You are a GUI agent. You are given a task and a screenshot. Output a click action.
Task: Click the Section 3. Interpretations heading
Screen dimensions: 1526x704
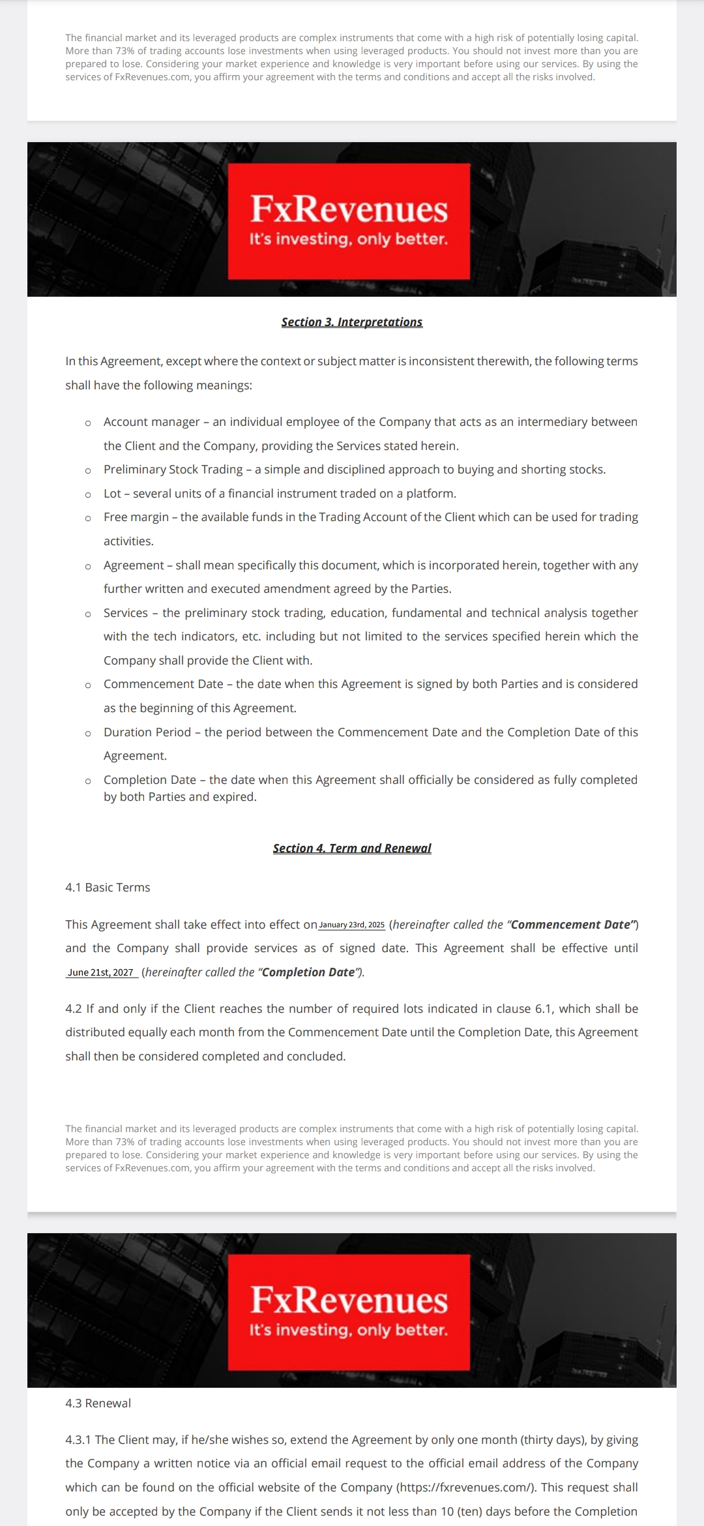[x=352, y=322]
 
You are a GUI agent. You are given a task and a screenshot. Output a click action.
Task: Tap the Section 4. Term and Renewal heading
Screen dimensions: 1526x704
[x=352, y=848]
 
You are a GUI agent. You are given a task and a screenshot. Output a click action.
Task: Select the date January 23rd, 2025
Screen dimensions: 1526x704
[x=352, y=925]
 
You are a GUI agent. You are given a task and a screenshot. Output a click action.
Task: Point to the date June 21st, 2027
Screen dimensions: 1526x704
[x=100, y=973]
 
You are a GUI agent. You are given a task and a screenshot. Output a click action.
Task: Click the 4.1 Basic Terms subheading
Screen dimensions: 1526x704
[x=108, y=888]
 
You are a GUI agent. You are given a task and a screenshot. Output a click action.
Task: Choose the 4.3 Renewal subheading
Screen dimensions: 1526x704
[x=98, y=1403]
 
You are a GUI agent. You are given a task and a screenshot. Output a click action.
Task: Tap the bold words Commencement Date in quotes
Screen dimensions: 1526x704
[x=571, y=925]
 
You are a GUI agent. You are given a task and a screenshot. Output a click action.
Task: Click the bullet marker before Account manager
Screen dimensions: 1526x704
[x=88, y=423]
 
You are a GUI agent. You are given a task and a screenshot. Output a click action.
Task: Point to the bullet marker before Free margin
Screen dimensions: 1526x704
[x=88, y=518]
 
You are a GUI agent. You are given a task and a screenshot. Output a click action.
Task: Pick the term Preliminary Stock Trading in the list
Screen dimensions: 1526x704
[x=173, y=470]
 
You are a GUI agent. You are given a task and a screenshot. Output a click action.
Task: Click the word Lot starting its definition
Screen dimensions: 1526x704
[x=112, y=494]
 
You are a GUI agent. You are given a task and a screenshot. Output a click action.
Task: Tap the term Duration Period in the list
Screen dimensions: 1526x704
[x=147, y=732]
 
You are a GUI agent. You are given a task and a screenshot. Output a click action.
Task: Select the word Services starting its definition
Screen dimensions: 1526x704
[x=126, y=613]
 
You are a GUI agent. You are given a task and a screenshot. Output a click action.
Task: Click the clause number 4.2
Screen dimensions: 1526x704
[x=74, y=1009]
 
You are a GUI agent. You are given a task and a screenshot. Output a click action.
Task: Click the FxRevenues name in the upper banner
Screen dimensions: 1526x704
[x=349, y=209]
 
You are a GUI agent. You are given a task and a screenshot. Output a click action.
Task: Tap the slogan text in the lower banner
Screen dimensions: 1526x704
[x=349, y=1330]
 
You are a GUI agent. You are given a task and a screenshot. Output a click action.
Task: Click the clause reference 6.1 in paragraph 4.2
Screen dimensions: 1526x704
[x=544, y=1009]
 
